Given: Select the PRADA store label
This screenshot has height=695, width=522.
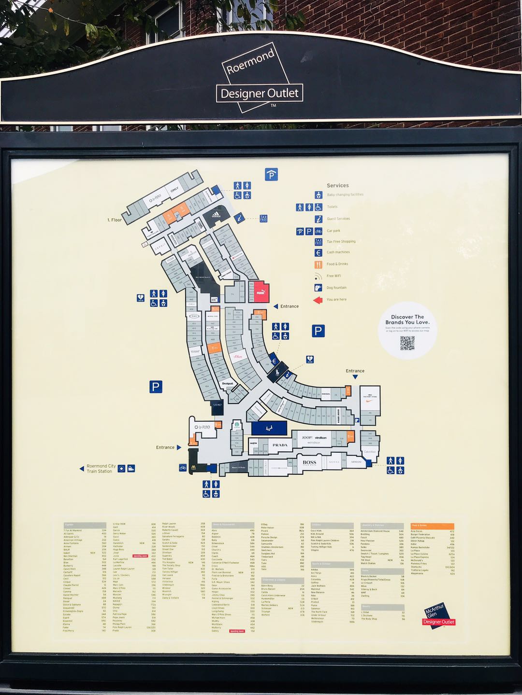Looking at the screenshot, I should coord(280,445).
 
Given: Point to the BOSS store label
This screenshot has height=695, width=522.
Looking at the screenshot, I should coord(309,462).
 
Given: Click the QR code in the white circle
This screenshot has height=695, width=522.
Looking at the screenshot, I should coord(407,343).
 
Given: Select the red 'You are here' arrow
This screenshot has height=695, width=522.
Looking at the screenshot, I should coord(318,300).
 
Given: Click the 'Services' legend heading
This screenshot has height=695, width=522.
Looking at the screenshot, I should coord(337,185).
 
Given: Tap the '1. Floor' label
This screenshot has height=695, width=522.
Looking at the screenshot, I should coord(115,220).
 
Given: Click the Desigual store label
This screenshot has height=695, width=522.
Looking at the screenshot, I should coord(227,384).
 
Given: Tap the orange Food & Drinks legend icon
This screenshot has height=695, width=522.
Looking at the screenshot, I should coord(318,264).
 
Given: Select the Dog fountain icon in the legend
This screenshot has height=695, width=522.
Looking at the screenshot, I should coord(318,288).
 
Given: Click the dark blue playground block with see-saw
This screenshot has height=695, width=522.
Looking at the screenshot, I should coord(269,428).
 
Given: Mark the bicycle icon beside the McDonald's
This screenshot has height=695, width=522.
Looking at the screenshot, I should coord(183,467).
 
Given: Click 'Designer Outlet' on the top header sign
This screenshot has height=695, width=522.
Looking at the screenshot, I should coord(260,93).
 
